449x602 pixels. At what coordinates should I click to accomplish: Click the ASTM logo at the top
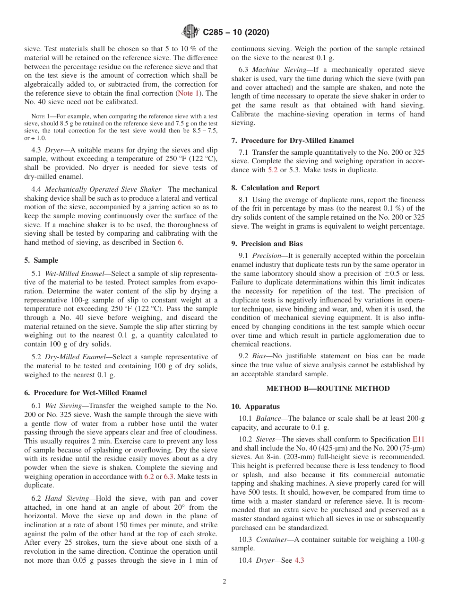(x=190, y=32)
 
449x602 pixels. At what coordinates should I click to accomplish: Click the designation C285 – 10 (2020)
(x=236, y=33)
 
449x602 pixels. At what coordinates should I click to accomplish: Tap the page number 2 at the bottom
(x=224, y=582)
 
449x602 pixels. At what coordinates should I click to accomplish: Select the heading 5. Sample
(x=41, y=260)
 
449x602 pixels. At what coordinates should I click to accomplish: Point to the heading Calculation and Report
(x=275, y=187)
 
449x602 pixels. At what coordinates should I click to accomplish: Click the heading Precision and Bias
(x=268, y=244)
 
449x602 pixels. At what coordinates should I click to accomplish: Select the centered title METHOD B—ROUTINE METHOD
(x=328, y=389)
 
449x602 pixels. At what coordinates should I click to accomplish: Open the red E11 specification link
(x=418, y=439)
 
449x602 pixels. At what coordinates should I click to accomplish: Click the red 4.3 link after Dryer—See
(x=299, y=560)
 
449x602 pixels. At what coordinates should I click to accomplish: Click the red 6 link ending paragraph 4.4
(x=180, y=242)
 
